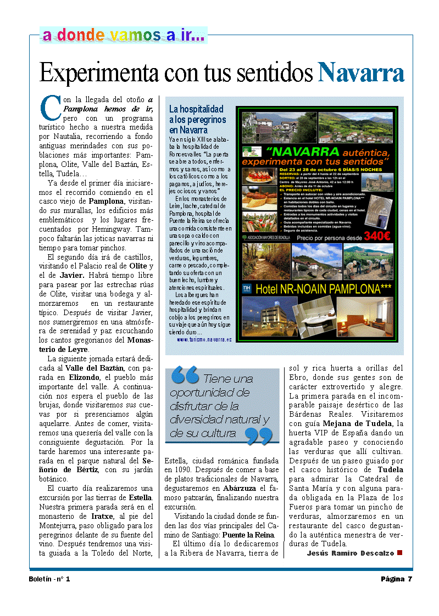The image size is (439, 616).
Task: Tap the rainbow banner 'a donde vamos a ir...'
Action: point(124,36)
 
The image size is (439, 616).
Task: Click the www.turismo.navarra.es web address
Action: point(204,340)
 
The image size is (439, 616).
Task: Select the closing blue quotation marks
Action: point(258,436)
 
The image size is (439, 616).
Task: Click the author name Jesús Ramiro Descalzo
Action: point(350,553)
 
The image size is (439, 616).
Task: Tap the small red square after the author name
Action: point(399,552)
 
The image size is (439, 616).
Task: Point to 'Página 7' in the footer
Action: point(396,579)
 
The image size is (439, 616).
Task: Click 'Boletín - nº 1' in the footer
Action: point(49,579)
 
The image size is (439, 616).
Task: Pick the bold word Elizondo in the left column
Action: point(84,378)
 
